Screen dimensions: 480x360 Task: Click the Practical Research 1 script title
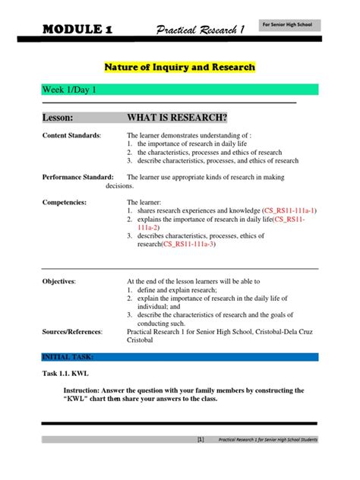[x=201, y=30]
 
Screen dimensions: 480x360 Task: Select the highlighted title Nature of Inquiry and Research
[x=180, y=67]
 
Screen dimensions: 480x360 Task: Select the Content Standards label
[x=71, y=134]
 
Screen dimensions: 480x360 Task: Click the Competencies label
[x=65, y=202]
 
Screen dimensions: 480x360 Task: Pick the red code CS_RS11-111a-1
[x=289, y=210]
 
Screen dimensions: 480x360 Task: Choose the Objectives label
[x=58, y=281]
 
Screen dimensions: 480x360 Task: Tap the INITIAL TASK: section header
[x=68, y=355]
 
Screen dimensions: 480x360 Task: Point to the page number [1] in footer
[x=200, y=461]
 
